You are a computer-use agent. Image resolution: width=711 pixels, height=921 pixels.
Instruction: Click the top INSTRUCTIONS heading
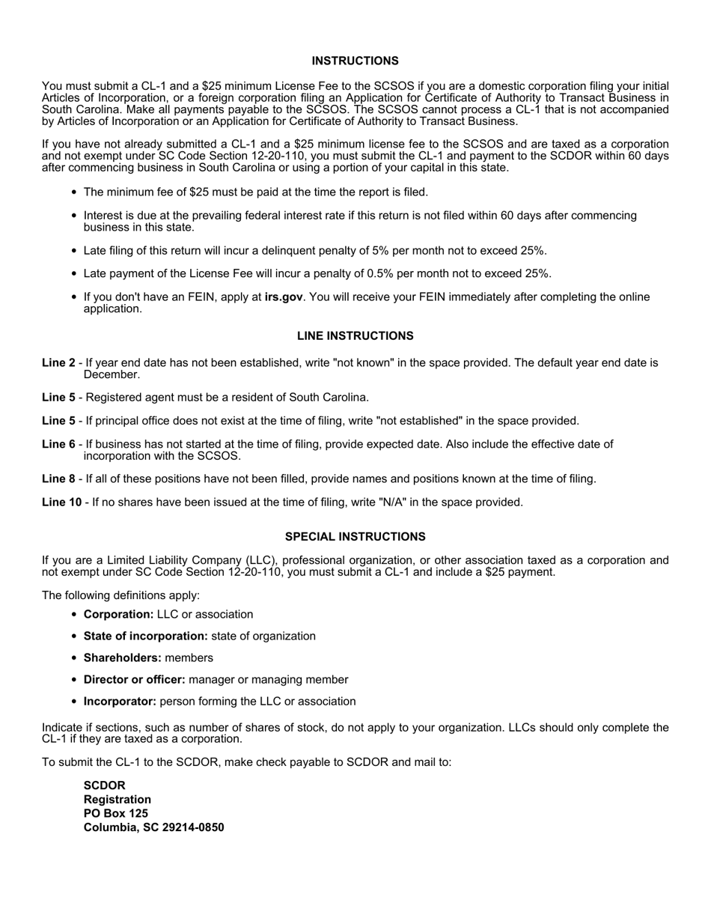(x=355, y=61)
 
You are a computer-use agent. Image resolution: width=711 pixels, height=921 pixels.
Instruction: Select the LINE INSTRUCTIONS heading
(x=355, y=336)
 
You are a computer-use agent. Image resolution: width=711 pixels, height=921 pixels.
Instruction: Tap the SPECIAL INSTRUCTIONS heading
(x=355, y=537)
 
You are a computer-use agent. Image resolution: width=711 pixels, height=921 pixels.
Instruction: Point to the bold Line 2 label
(x=58, y=363)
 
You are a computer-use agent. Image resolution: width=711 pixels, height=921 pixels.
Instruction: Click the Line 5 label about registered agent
(x=58, y=398)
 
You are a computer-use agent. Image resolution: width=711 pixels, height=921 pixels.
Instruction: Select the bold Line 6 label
(x=58, y=445)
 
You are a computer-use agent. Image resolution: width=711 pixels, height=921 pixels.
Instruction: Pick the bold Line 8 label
(x=58, y=479)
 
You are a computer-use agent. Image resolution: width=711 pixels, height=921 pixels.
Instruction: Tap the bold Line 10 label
(x=61, y=502)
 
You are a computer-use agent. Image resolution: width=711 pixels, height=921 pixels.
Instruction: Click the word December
(x=112, y=374)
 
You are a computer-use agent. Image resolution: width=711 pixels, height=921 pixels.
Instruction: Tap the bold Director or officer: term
(x=135, y=680)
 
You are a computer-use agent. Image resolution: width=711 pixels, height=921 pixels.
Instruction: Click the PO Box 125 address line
(x=116, y=813)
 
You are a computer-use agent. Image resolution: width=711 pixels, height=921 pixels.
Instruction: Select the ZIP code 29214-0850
(x=192, y=827)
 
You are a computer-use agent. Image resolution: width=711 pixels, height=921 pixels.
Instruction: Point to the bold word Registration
(x=118, y=800)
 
